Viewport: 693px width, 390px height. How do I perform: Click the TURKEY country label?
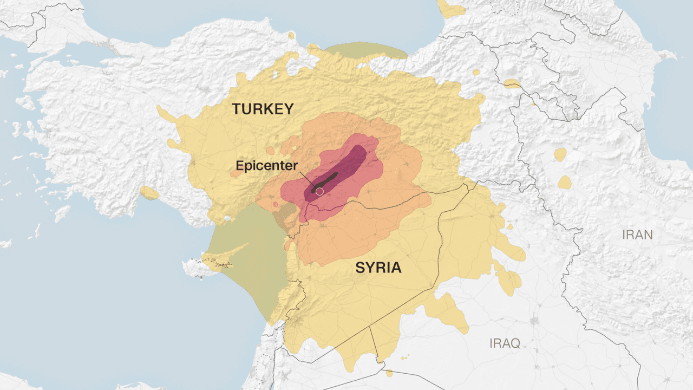[x=263, y=109]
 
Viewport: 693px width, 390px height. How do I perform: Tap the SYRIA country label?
[x=378, y=268]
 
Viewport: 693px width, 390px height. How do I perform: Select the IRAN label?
[x=637, y=235]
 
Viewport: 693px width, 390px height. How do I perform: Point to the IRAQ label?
[x=505, y=343]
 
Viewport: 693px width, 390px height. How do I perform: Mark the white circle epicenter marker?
[x=319, y=191]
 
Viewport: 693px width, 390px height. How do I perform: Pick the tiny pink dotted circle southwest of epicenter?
[x=276, y=204]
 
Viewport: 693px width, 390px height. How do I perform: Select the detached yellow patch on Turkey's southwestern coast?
[x=149, y=193]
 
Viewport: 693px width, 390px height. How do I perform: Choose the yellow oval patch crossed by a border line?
[x=512, y=83]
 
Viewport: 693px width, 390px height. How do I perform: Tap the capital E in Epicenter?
[x=239, y=165]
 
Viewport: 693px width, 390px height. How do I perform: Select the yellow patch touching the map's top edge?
[x=450, y=8]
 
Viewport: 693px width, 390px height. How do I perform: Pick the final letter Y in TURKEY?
[x=288, y=109]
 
